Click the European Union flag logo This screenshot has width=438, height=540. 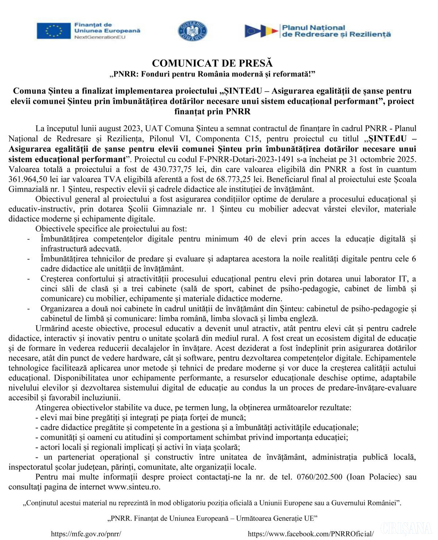pos(53,31)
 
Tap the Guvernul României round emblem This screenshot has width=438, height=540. pos(192,31)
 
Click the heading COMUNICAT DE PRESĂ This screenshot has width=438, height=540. pos(212,63)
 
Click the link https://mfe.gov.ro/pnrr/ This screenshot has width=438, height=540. pos(86,533)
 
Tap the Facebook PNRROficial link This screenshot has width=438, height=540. pos(311,533)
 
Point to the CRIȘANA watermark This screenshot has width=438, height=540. pos(406,528)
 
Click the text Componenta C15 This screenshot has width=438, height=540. pos(218,139)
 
